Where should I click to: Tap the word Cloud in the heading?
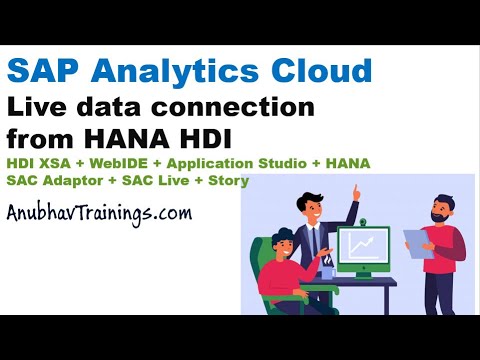(323, 72)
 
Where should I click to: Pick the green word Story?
(229, 180)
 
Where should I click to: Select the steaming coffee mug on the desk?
(327, 269)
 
